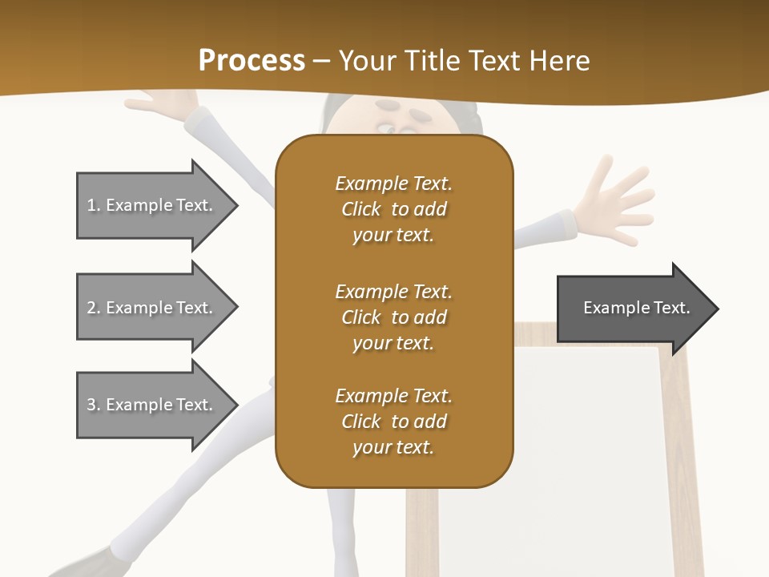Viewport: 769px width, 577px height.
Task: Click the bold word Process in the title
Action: pyautogui.click(x=252, y=61)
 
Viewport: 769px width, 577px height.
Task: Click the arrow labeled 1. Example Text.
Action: pyautogui.click(x=152, y=205)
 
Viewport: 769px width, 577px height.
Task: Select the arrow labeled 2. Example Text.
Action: pyautogui.click(x=152, y=308)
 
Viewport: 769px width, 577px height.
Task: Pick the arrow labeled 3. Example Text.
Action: pyautogui.click(x=152, y=405)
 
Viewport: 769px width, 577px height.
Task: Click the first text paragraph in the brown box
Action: pyautogui.click(x=393, y=209)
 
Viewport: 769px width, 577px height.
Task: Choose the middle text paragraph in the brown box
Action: pyautogui.click(x=393, y=317)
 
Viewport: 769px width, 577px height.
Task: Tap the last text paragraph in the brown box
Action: pyautogui.click(x=393, y=422)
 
